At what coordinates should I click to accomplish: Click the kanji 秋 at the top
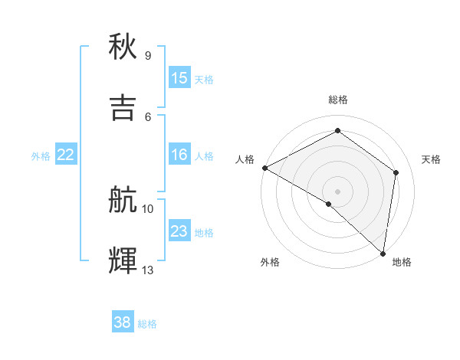[123, 47]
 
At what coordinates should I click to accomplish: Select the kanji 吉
[123, 108]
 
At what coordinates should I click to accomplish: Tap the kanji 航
[123, 200]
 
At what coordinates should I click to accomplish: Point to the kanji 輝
[123, 261]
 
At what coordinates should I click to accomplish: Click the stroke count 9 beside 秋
[148, 56]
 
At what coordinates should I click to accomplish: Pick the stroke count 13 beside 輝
[148, 270]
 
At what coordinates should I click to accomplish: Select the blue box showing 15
[179, 78]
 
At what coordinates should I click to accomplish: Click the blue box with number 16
[179, 155]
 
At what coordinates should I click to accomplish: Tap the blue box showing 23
[179, 231]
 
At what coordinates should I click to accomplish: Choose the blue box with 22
[65, 155]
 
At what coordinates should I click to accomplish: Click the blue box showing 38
[123, 323]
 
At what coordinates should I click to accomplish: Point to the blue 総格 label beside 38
[147, 324]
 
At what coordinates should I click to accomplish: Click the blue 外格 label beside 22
[41, 155]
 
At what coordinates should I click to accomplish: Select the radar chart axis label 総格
[337, 100]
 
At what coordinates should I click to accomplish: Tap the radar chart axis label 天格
[431, 159]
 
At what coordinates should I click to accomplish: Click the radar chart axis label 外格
[270, 262]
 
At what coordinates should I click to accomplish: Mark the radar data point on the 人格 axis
[264, 168]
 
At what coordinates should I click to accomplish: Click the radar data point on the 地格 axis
[383, 253]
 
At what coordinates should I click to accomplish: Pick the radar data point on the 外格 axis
[328, 204]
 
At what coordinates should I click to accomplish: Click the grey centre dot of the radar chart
[337, 191]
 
